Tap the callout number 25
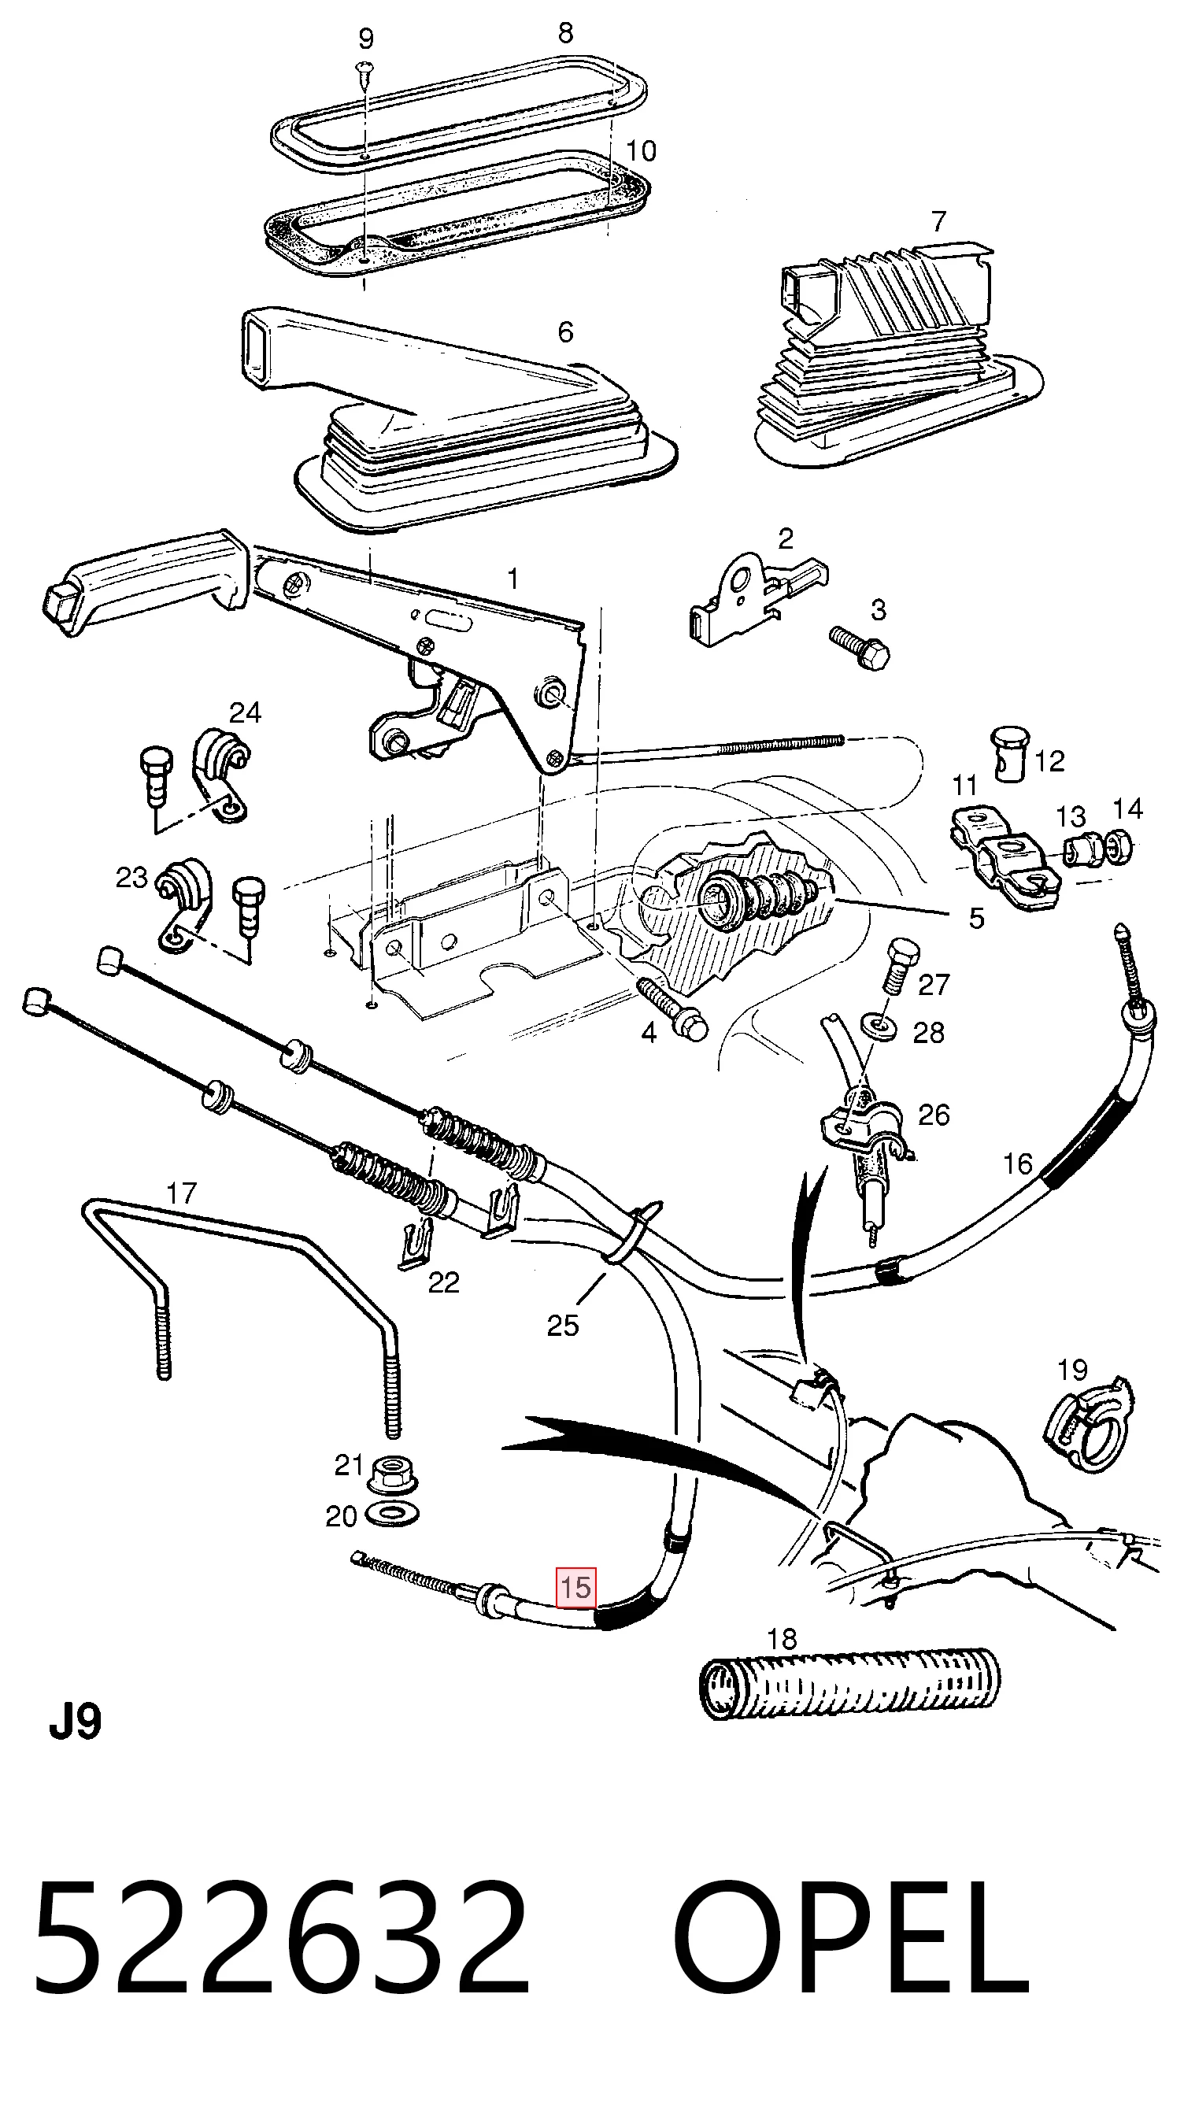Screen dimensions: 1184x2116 coord(563,1325)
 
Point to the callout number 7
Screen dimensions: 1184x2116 coord(938,220)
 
